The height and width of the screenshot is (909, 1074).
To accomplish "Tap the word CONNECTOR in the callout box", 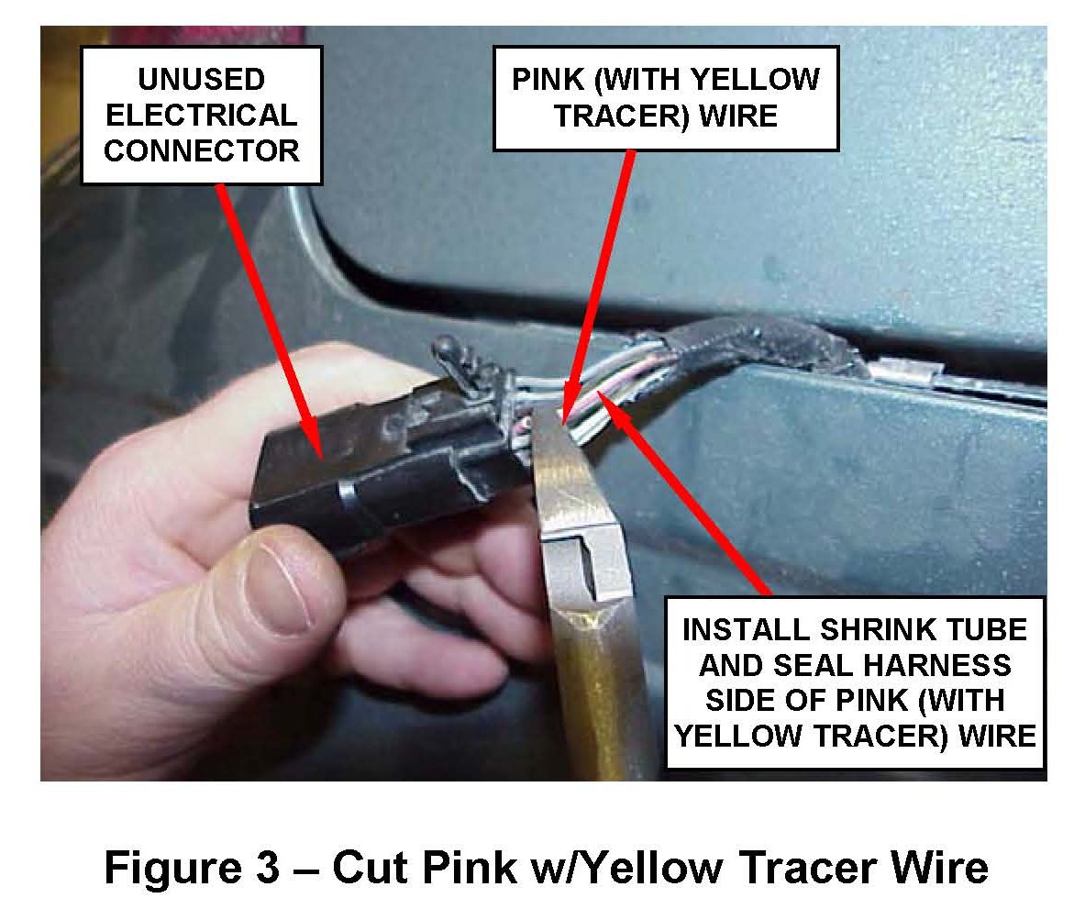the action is click(201, 150).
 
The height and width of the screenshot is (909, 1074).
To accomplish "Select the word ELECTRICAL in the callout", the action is click(201, 115).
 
